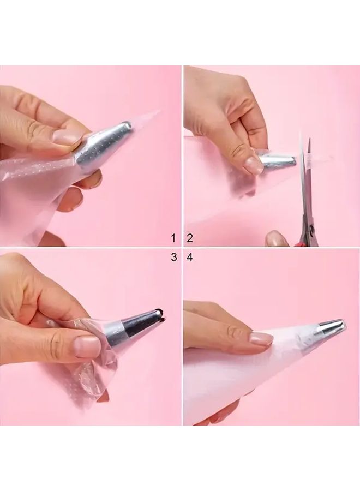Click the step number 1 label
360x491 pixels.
point(173,238)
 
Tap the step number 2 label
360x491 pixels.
point(190,238)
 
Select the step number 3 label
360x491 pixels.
point(174,258)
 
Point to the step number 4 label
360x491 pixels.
point(190,258)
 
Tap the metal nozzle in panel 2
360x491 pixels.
point(278,159)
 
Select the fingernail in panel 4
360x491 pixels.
point(261,339)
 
